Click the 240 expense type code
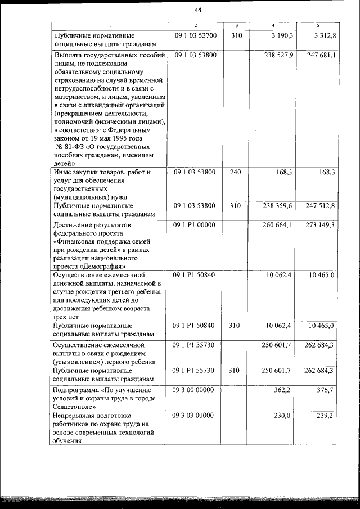[x=236, y=172]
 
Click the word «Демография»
[x=102, y=267]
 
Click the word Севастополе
[x=73, y=406]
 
